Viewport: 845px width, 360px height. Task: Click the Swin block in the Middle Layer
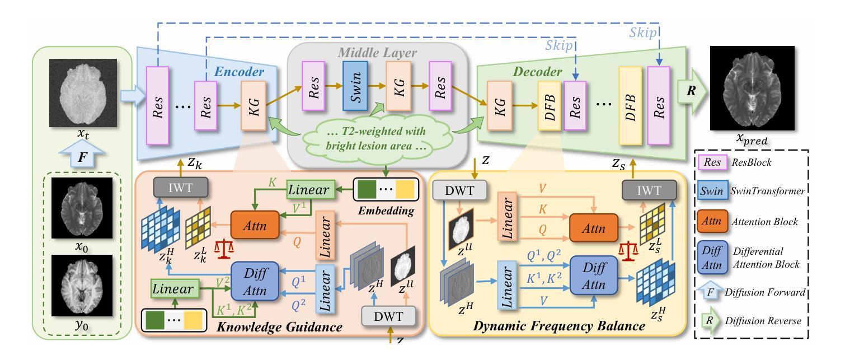(x=355, y=86)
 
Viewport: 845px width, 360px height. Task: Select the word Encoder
(x=239, y=72)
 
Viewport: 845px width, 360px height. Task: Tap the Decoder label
(x=537, y=72)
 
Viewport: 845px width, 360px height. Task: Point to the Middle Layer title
(x=377, y=53)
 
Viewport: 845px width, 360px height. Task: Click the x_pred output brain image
(x=752, y=88)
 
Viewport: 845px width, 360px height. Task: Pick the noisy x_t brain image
(x=83, y=93)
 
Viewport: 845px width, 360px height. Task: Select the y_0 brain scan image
(x=82, y=286)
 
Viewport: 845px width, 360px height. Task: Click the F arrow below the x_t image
(x=82, y=153)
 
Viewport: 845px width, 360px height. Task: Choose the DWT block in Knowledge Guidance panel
(x=388, y=316)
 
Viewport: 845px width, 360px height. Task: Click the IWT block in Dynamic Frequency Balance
(x=649, y=190)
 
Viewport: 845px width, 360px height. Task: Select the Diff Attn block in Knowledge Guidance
(x=255, y=281)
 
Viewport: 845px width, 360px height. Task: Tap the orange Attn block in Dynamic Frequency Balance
(x=594, y=228)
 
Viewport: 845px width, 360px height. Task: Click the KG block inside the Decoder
(x=500, y=106)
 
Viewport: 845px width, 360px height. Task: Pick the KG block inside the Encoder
(x=253, y=106)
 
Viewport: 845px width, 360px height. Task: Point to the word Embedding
(x=386, y=211)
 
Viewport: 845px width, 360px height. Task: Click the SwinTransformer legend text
(x=768, y=191)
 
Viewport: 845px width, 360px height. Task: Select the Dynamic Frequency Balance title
(x=559, y=326)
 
